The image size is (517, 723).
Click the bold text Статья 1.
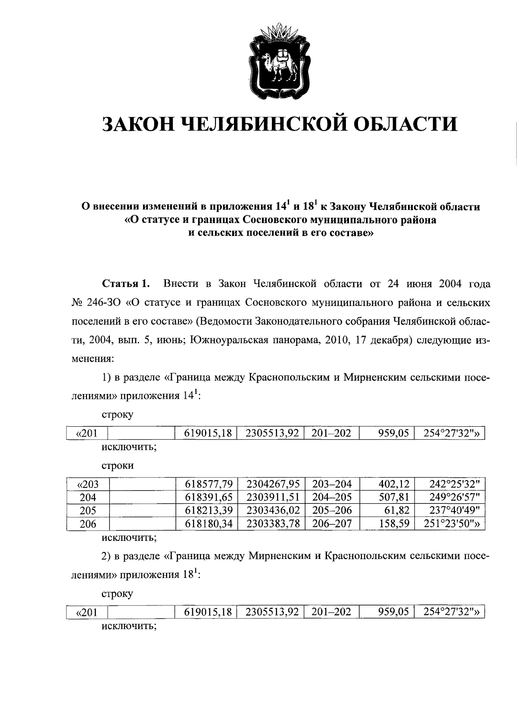[x=126, y=284]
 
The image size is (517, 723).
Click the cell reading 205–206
[x=331, y=511]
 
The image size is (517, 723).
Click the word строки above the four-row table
[x=118, y=465]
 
